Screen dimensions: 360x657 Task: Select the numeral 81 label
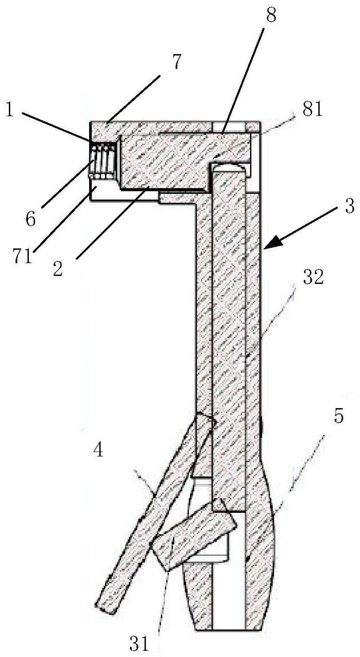(312, 109)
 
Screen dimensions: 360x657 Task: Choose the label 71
(23, 256)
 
